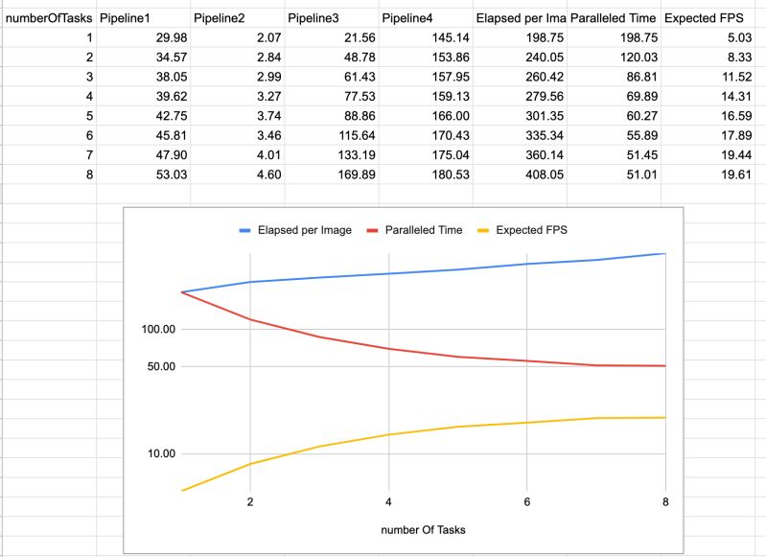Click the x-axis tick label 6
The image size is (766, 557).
(527, 501)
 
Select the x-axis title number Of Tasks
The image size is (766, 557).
(422, 528)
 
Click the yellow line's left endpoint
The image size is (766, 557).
(181, 491)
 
